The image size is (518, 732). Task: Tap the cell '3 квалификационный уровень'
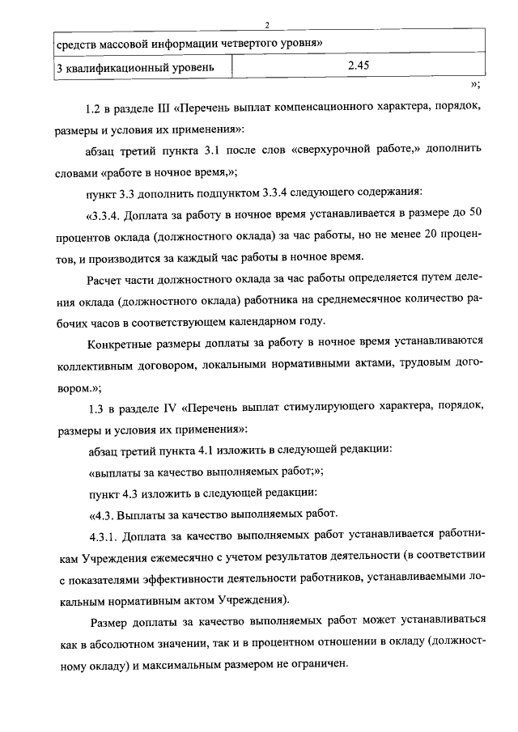(135, 68)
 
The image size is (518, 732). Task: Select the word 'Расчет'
(104, 279)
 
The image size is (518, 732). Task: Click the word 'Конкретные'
(118, 343)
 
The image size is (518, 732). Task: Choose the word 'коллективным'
(93, 365)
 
